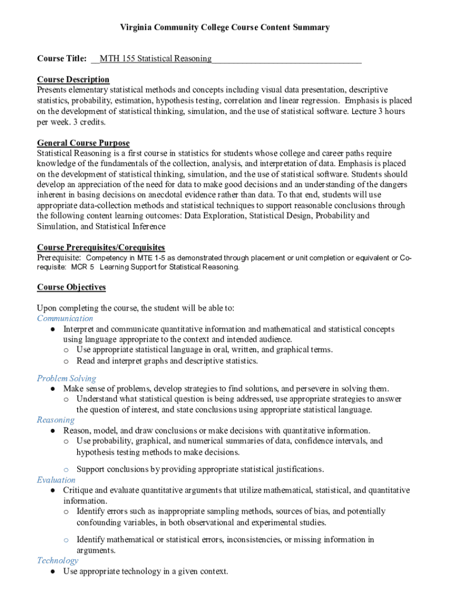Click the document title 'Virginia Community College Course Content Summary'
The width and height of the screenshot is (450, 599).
pyautogui.click(x=225, y=27)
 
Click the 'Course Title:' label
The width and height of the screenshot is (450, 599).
pyautogui.click(x=62, y=58)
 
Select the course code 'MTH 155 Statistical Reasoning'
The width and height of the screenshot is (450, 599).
pyautogui.click(x=155, y=58)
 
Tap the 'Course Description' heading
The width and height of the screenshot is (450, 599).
pyautogui.click(x=73, y=80)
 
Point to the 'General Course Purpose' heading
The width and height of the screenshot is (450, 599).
pyautogui.click(x=84, y=143)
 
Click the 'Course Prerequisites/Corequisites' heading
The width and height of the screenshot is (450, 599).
pyautogui.click(x=101, y=247)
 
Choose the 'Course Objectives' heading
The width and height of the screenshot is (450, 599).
pyautogui.click(x=71, y=287)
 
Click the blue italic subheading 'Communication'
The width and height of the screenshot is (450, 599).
pyautogui.click(x=65, y=318)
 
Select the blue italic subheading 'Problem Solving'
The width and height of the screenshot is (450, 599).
pyautogui.click(x=67, y=378)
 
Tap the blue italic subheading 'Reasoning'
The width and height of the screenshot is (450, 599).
pyautogui.click(x=56, y=419)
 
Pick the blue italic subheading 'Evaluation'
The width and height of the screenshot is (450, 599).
pyautogui.click(x=56, y=480)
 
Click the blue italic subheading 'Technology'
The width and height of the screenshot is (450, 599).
pyautogui.click(x=57, y=560)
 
